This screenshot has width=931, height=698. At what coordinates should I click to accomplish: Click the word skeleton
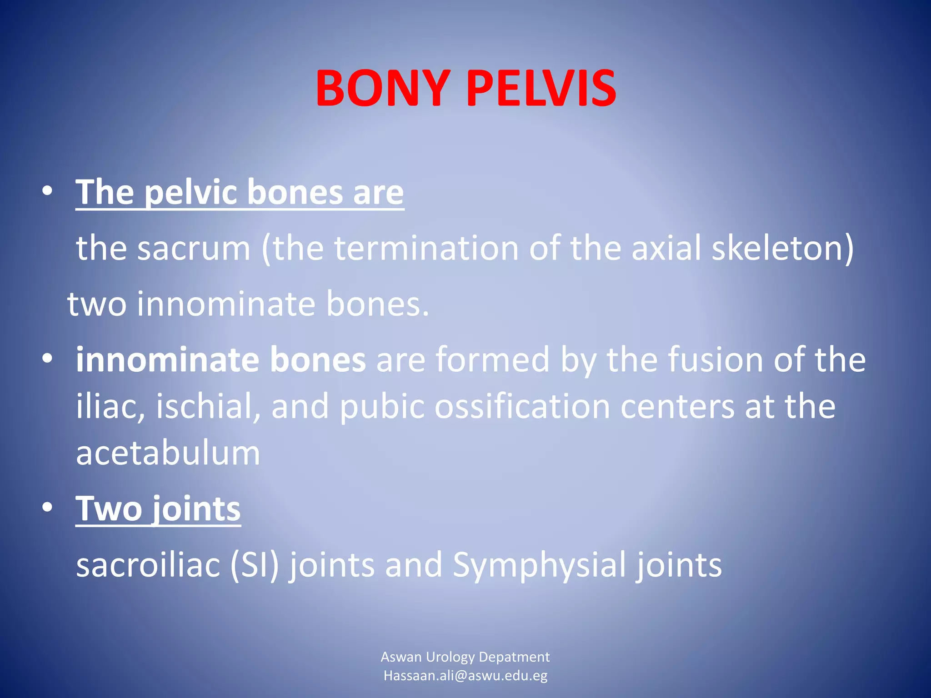point(782,249)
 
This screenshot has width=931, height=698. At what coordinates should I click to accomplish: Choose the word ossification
point(522,406)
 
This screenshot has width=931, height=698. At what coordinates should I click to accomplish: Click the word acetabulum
point(168,453)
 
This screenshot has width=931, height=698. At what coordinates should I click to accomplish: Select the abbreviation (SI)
point(254,565)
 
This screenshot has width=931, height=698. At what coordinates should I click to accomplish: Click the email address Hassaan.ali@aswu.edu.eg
point(465,676)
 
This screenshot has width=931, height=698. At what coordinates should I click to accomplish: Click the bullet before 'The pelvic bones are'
point(47,192)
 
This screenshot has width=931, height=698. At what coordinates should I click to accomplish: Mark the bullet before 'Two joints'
point(47,509)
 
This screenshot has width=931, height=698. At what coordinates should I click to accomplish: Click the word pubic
point(382,406)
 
